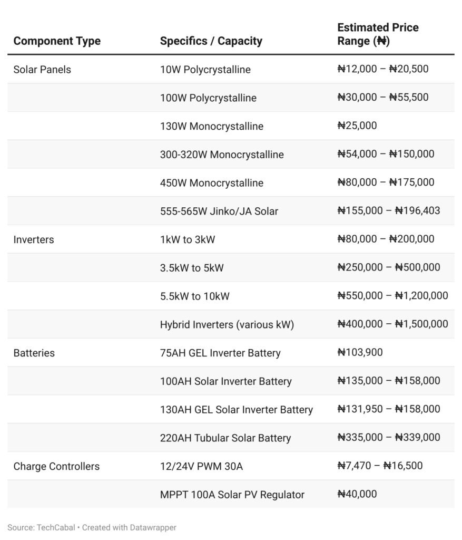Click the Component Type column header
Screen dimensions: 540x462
[x=57, y=41]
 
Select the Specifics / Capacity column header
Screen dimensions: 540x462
[x=211, y=41]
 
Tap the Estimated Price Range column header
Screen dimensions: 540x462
[x=378, y=34]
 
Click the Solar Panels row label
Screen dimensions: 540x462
[x=42, y=70]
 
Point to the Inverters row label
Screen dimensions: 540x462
[x=34, y=239]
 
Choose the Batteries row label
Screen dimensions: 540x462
[x=34, y=353]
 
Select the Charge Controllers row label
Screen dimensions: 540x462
[x=56, y=466]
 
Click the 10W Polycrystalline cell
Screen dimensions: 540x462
[x=205, y=70]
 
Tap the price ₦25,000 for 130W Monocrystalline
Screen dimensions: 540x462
[x=357, y=126]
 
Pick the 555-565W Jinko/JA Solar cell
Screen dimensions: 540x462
[x=219, y=211]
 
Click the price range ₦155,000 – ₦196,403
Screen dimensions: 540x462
[x=388, y=211]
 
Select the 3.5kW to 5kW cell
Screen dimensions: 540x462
[x=192, y=268]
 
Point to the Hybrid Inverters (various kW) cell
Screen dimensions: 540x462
[x=227, y=324]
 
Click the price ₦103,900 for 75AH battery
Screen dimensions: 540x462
[x=360, y=353]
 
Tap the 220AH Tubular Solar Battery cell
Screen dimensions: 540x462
[x=225, y=438]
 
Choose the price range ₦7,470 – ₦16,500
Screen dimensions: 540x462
[x=380, y=466]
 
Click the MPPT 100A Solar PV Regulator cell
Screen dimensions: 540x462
[x=232, y=495]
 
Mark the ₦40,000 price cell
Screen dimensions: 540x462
[x=357, y=494]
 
